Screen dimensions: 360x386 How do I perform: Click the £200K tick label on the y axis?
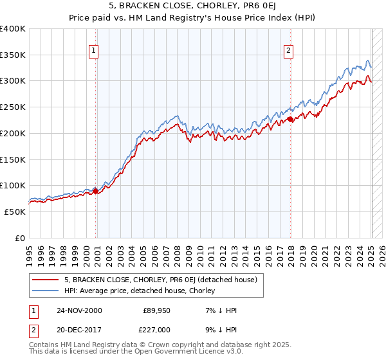pyautogui.click(x=13, y=133)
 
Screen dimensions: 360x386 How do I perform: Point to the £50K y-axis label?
pyautogui.click(x=15, y=212)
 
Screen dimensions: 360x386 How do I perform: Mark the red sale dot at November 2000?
pyautogui.click(x=96, y=190)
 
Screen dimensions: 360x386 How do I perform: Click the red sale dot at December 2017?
pyautogui.click(x=291, y=119)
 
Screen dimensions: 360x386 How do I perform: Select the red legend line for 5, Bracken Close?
pyautogui.click(x=46, y=280)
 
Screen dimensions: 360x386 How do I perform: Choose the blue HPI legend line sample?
pyautogui.click(x=46, y=291)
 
